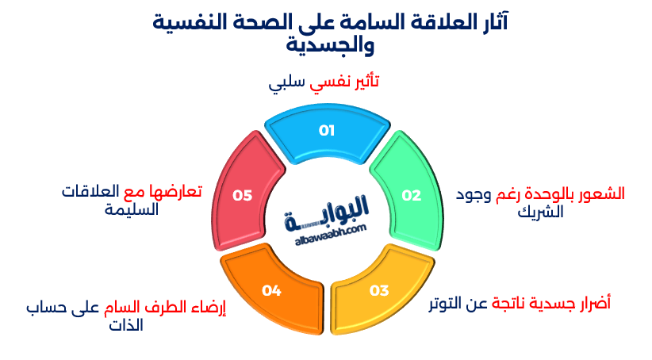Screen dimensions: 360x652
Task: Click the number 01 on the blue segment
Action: [x=327, y=131]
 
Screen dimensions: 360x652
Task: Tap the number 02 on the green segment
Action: [x=411, y=195]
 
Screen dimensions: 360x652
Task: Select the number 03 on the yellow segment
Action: [x=379, y=290]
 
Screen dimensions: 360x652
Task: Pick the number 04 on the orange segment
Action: [x=271, y=291]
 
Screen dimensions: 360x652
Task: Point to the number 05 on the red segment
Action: [x=242, y=195]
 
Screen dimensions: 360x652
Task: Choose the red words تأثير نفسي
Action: [x=347, y=82]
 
